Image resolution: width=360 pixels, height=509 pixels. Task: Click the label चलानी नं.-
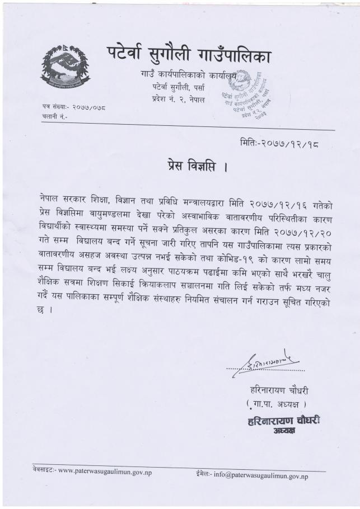click(54, 115)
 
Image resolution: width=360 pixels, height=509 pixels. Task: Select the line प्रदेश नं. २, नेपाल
click(178, 99)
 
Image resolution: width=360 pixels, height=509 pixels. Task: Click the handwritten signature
click(267, 364)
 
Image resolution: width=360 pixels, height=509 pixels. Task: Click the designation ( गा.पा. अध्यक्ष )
click(278, 404)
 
